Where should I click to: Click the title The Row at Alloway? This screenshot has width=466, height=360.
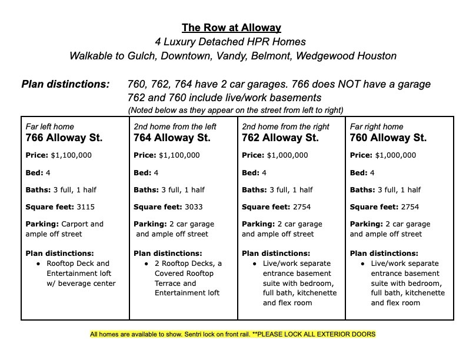click(x=231, y=28)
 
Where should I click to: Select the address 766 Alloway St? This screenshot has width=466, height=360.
click(x=64, y=138)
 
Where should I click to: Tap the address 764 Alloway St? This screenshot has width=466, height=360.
click(x=172, y=138)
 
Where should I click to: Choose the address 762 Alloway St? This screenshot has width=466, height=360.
click(x=280, y=138)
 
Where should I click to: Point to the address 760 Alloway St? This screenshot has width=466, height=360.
click(x=388, y=138)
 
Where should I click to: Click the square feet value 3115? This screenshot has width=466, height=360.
click(x=85, y=207)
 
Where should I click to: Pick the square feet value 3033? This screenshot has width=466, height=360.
click(x=192, y=207)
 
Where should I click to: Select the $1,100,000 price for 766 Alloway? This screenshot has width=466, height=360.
click(x=72, y=156)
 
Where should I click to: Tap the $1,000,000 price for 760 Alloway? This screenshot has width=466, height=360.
click(x=395, y=156)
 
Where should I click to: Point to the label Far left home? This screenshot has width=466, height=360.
click(x=50, y=126)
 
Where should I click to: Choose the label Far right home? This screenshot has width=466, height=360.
click(x=377, y=126)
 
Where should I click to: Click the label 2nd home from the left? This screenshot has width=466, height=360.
click(x=175, y=126)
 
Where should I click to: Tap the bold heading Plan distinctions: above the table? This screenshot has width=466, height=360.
click(x=65, y=84)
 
